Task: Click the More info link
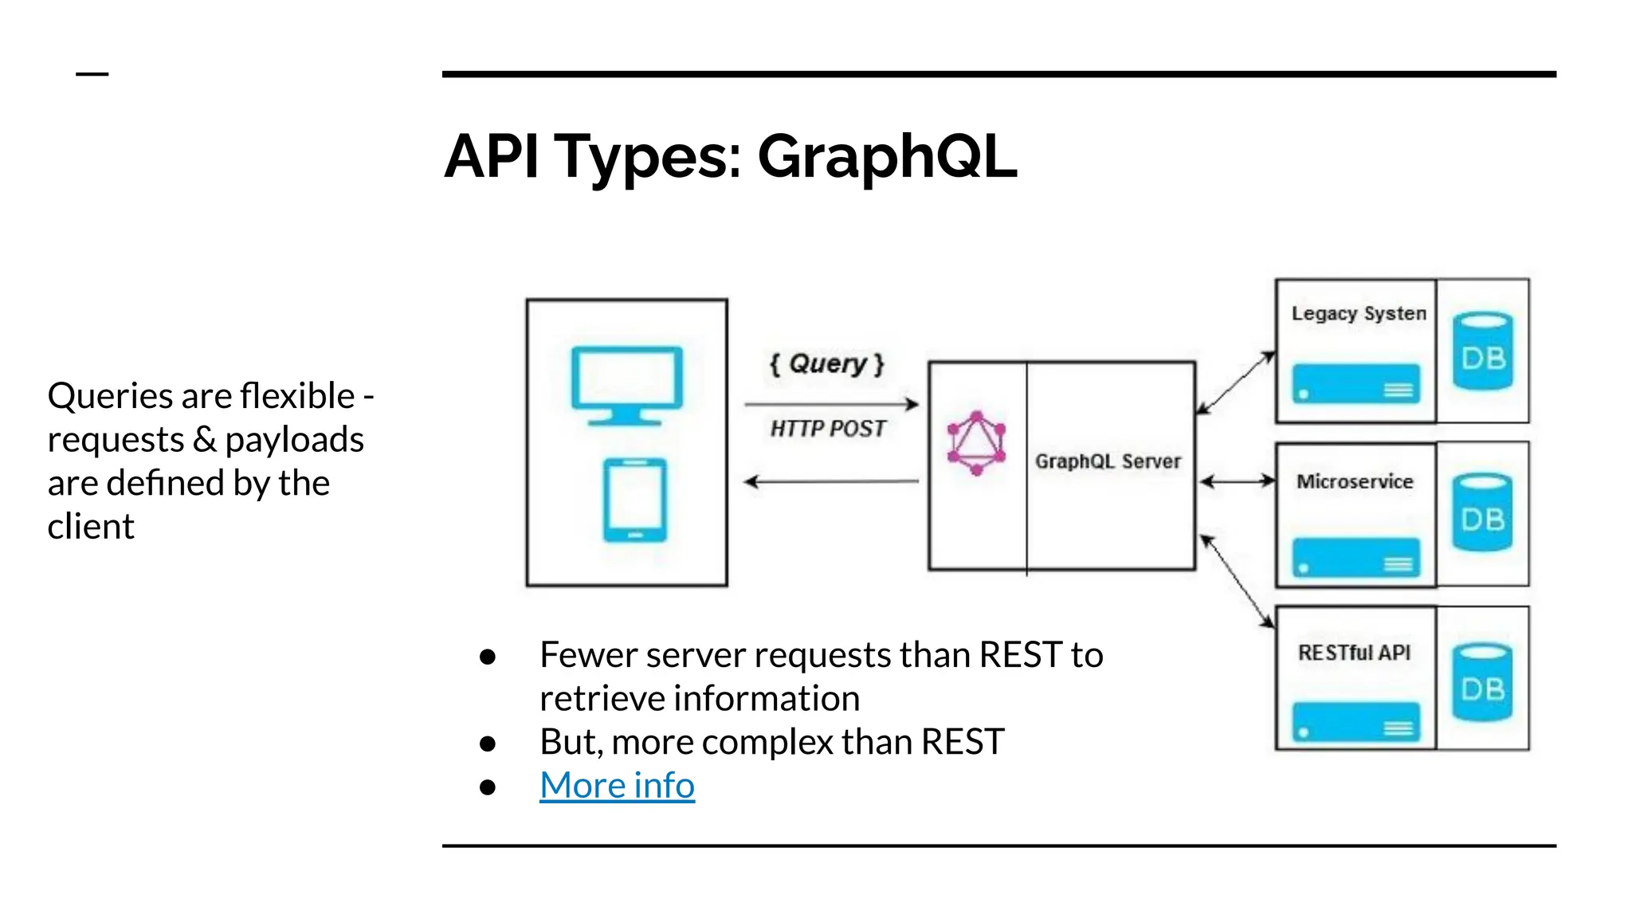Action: coord(617,786)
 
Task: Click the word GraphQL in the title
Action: coord(886,157)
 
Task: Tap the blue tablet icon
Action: coord(634,500)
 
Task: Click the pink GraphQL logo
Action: coord(976,444)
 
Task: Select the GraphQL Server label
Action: coord(1108,461)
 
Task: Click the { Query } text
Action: coord(827,364)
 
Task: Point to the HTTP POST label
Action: coord(827,429)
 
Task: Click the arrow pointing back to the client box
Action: coord(830,481)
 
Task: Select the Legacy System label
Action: coord(1358,313)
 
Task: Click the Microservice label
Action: coord(1355,481)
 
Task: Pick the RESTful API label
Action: coord(1354,653)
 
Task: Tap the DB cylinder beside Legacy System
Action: coord(1482,351)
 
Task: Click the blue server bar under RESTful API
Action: coord(1355,721)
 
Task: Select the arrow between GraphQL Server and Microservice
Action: coord(1238,481)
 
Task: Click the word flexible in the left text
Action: coord(297,396)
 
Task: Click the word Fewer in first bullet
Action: coord(588,655)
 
